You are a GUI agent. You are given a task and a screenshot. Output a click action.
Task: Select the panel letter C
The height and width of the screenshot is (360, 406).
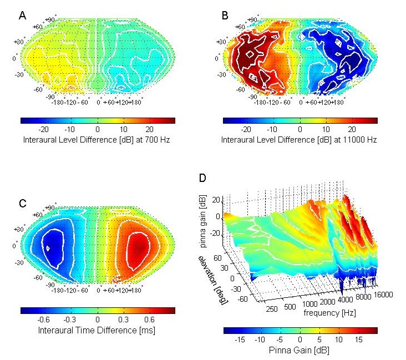[23, 203]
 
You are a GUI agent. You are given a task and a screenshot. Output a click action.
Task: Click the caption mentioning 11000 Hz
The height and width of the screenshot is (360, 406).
[300, 140]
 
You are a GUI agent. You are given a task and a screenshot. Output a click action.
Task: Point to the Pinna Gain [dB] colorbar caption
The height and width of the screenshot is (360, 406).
[300, 351]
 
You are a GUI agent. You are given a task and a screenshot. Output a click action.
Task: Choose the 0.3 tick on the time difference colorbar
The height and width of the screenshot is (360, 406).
[123, 320]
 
